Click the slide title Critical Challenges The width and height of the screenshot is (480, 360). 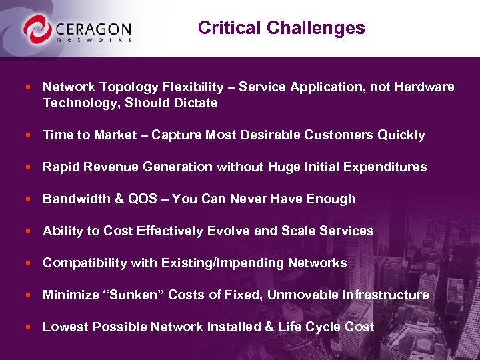click(x=281, y=28)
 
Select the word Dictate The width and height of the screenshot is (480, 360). click(x=194, y=103)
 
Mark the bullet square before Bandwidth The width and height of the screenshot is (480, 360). click(x=27, y=199)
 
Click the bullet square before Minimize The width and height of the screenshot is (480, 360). click(x=27, y=295)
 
